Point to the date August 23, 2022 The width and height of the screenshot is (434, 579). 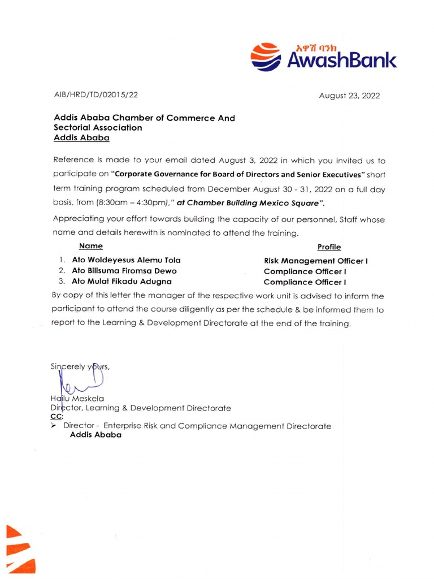click(349, 96)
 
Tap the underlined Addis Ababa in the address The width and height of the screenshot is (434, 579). click(81, 137)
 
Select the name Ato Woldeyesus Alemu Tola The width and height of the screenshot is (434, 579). click(126, 260)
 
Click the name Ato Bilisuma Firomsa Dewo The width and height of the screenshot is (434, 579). click(124, 271)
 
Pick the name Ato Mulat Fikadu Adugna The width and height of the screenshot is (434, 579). click(121, 281)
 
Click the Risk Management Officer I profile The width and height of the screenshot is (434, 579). click(316, 261)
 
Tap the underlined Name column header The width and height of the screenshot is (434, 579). click(91, 246)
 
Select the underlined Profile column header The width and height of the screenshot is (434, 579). click(329, 247)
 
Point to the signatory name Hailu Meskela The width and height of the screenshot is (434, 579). click(77, 398)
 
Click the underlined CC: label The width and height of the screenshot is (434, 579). click(57, 417)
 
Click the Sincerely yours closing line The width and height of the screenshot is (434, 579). click(80, 366)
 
